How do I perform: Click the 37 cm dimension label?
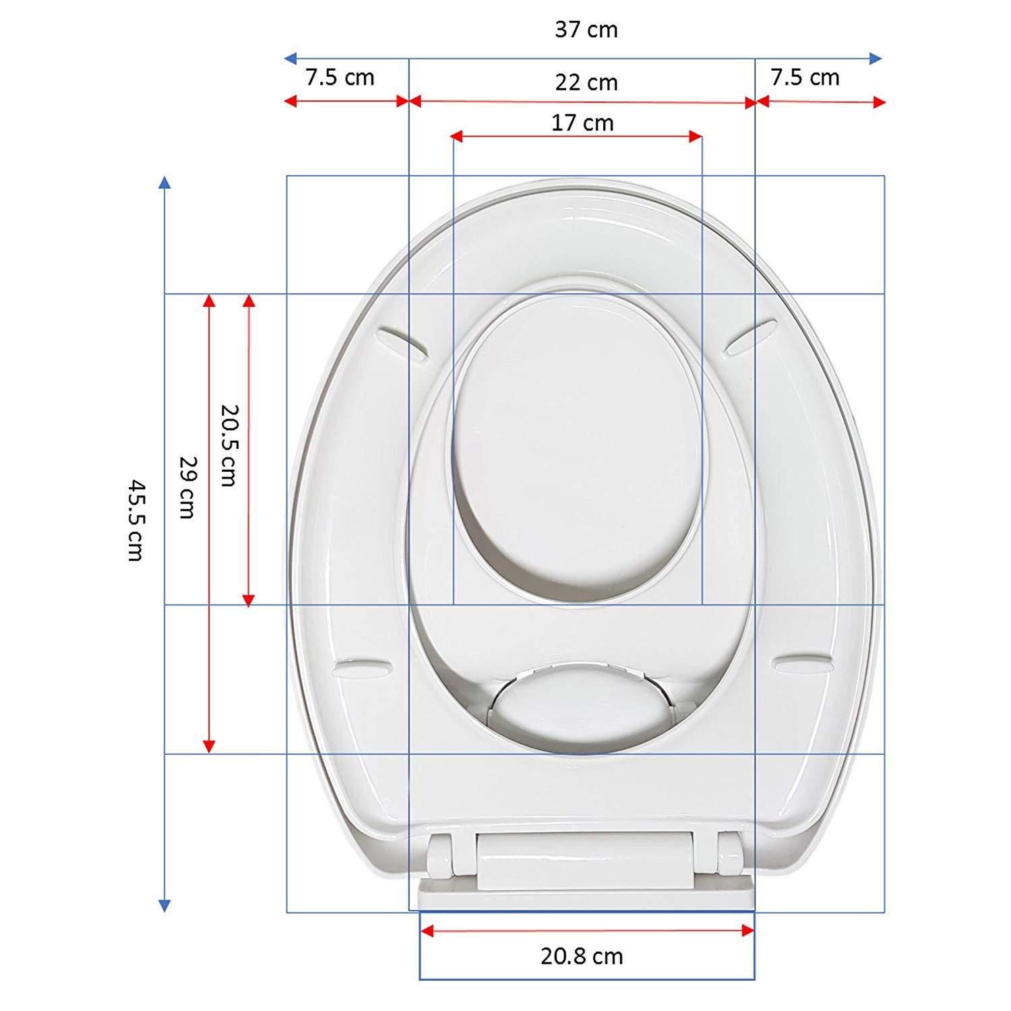[x=586, y=30]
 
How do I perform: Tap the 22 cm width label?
[x=586, y=82]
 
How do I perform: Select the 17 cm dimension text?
[x=582, y=123]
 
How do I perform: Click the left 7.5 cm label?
[x=340, y=78]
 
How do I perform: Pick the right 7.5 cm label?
[x=805, y=78]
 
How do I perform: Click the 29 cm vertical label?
[x=185, y=487]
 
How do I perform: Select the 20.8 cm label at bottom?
[x=582, y=956]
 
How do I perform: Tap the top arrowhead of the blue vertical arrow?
[x=164, y=182]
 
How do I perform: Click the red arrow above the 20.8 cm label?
[x=586, y=931]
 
